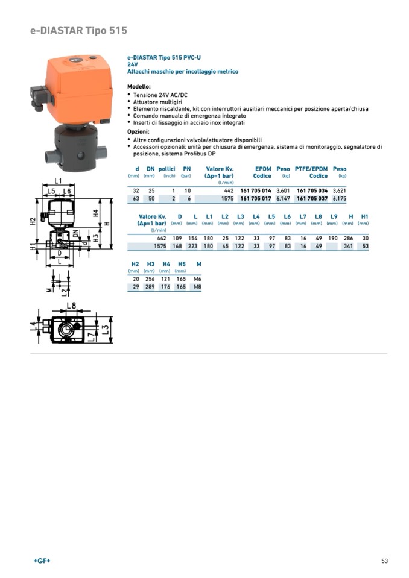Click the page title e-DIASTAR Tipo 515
pyautogui.click(x=78, y=31)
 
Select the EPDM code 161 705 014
pyautogui.click(x=256, y=190)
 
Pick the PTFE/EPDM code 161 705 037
pyautogui.click(x=312, y=198)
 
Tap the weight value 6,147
pyautogui.click(x=283, y=198)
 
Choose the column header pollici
pyautogui.click(x=166, y=169)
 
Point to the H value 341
pyautogui.click(x=348, y=246)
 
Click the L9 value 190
pyautogui.click(x=333, y=238)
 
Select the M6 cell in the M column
pyautogui.click(x=197, y=279)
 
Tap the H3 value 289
pyautogui.click(x=150, y=287)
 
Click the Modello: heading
pyautogui.click(x=139, y=87)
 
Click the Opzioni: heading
pyautogui.click(x=138, y=131)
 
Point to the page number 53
pyautogui.click(x=384, y=561)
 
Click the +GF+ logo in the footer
pyautogui.click(x=42, y=561)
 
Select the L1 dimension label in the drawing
pyautogui.click(x=58, y=181)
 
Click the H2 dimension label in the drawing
pyautogui.click(x=33, y=221)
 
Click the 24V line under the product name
pyautogui.click(x=132, y=64)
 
